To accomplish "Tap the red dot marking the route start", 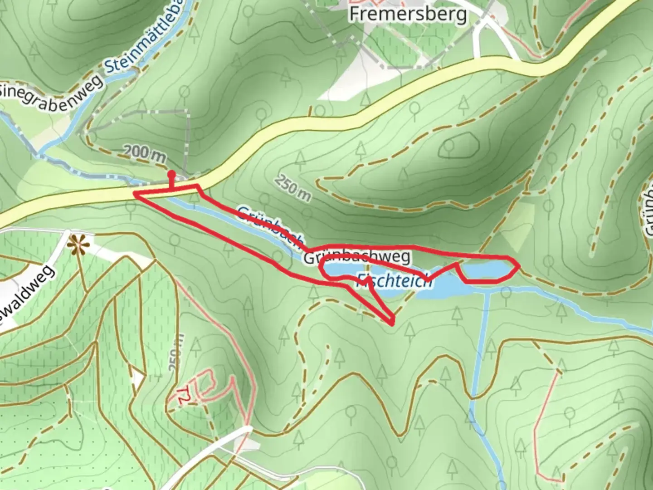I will [171, 174].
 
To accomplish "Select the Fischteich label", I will [395, 281].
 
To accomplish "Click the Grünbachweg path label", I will [357, 258].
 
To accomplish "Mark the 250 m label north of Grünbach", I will [292, 186].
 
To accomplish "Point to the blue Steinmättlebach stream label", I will [145, 36].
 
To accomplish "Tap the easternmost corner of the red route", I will [518, 265].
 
